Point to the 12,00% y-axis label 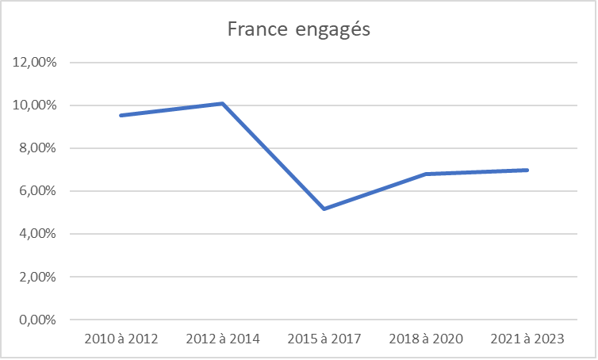[35, 63]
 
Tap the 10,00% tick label [35, 105]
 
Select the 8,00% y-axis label [37, 148]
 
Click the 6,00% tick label [37, 191]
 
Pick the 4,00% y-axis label [37, 234]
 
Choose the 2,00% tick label [37, 278]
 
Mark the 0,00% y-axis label [37, 320]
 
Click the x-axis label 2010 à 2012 [121, 339]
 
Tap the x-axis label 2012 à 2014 [223, 339]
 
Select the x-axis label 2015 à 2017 [324, 339]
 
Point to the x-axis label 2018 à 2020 [426, 339]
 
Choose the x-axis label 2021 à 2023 [527, 339]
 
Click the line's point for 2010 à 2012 [121, 115]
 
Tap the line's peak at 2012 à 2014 [223, 103]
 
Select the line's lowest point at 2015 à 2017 [324, 209]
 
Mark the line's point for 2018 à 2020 [426, 174]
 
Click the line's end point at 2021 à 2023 [527, 170]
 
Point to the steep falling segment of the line [274, 156]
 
